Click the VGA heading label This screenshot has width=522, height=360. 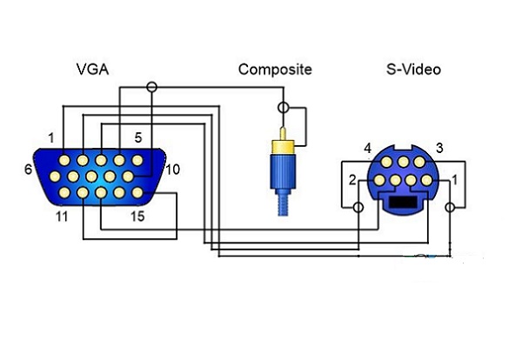pyautogui.click(x=92, y=70)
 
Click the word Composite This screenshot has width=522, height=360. pyautogui.click(x=275, y=70)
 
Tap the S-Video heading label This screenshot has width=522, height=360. pyautogui.click(x=413, y=70)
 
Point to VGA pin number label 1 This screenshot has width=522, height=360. pyautogui.click(x=51, y=137)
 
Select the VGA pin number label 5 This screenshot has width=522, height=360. pyautogui.click(x=138, y=137)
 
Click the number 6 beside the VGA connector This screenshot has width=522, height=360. pyautogui.click(x=29, y=169)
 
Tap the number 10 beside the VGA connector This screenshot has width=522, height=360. pyautogui.click(x=172, y=170)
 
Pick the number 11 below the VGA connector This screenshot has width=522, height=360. pyautogui.click(x=62, y=217)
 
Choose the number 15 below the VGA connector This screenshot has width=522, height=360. pyautogui.click(x=137, y=217)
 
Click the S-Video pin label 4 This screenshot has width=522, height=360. pyautogui.click(x=367, y=148)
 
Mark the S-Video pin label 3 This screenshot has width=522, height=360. pyautogui.click(x=439, y=148)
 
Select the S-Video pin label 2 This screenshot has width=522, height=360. pyautogui.click(x=352, y=180)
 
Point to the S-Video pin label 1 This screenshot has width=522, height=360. pyautogui.click(x=455, y=180)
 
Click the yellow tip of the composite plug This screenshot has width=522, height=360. pyautogui.click(x=283, y=134)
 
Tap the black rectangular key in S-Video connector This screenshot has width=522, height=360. pyautogui.click(x=403, y=202)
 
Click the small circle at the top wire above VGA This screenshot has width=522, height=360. pyautogui.click(x=151, y=87)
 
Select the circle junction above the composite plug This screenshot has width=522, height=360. pyautogui.click(x=284, y=108)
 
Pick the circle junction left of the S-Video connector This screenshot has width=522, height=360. pyautogui.click(x=358, y=208)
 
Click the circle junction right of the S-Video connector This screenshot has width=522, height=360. pyautogui.click(x=450, y=208)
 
